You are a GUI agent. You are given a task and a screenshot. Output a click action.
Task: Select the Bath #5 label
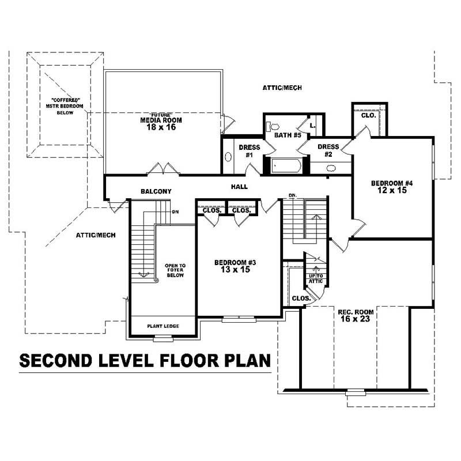288,135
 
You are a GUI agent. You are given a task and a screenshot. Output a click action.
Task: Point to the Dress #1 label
250,151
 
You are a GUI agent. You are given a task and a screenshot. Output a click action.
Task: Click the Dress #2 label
328,151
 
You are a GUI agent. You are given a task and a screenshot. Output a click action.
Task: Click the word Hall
239,187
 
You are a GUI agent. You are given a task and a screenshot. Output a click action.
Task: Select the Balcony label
156,191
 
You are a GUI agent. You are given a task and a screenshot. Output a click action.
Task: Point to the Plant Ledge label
163,326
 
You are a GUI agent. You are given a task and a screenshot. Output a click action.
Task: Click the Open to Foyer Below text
175,270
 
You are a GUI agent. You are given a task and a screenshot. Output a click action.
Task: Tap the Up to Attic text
316,279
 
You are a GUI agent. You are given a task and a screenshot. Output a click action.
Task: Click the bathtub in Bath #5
285,167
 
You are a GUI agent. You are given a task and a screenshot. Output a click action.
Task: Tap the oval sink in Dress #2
331,168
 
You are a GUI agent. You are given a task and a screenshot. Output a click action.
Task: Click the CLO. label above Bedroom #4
368,115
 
